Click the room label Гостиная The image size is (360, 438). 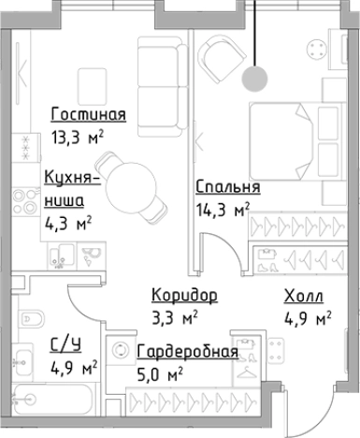pos(88,115)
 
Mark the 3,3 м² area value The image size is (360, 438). pos(175,318)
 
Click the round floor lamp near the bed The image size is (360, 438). pos(253,80)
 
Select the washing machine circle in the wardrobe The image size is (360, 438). pos(121,352)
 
